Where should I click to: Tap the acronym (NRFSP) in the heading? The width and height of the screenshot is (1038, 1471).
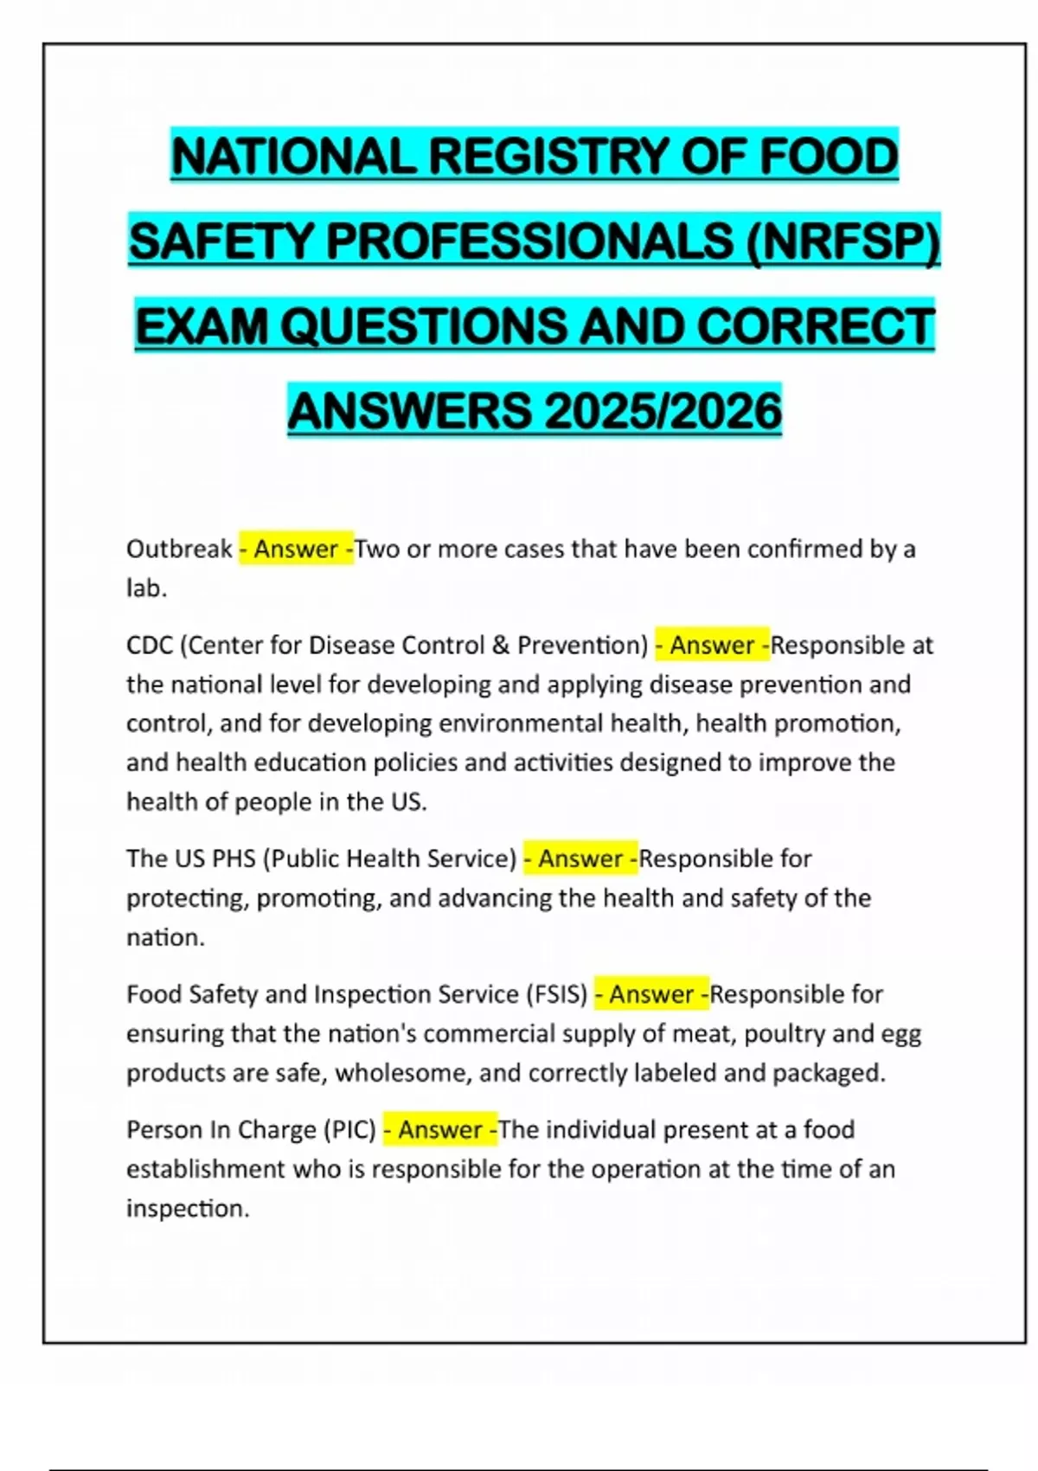tap(843, 241)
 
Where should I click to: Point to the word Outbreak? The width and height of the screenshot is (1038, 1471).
tap(179, 549)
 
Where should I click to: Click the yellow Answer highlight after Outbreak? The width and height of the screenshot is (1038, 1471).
tap(296, 549)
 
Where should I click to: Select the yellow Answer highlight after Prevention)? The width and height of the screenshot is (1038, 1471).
tap(712, 646)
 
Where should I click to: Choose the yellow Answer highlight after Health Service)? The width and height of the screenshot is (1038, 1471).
tap(580, 858)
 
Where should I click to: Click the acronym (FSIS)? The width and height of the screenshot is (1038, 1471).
tap(556, 994)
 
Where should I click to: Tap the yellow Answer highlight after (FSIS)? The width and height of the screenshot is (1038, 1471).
tap(651, 994)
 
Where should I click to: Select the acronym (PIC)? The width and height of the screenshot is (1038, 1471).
tap(349, 1130)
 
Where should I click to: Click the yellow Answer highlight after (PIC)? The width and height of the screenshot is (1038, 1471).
tap(440, 1130)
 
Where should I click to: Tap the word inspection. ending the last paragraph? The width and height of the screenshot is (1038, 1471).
tap(188, 1208)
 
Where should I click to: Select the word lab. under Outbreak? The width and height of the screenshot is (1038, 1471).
tap(146, 588)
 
